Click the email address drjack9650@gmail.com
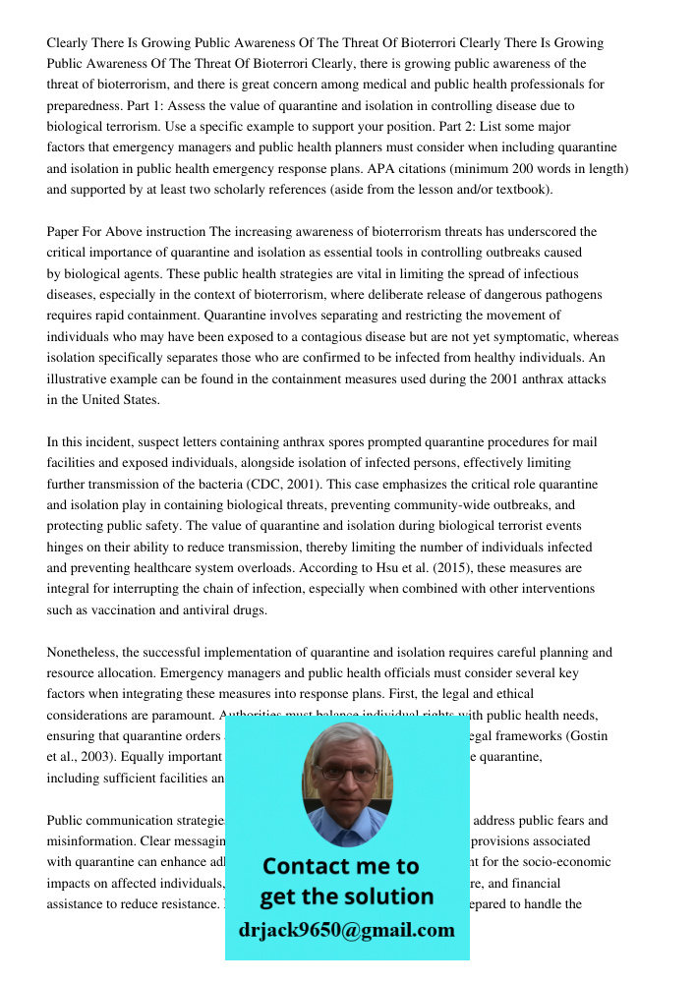coord(346,930)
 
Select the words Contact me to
coord(341,866)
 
